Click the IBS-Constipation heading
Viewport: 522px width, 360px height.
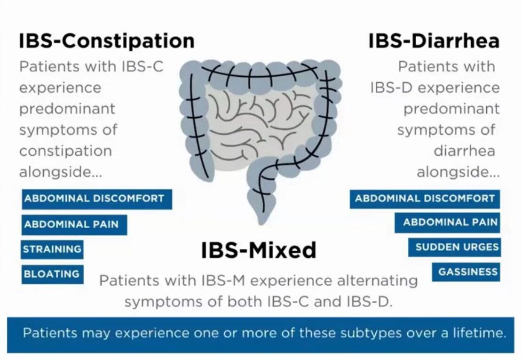coord(106,41)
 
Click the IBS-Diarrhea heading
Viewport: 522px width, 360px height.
coord(433,41)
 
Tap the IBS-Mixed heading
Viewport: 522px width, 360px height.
coord(259,250)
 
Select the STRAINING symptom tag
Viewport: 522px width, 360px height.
coord(52,249)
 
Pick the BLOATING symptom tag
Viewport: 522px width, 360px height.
coord(52,274)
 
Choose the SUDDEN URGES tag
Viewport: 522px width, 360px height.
coord(454,247)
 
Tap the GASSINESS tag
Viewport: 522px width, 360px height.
coord(466,272)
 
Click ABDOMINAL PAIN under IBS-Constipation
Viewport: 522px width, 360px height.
coord(74,224)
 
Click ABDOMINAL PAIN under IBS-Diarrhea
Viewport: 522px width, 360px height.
coord(447,223)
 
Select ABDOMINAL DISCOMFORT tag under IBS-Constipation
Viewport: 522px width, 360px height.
coord(96,199)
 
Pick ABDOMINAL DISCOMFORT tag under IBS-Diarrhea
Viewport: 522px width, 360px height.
coord(424,199)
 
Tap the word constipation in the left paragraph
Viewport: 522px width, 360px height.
coord(65,151)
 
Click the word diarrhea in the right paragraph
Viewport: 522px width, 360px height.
coord(464,151)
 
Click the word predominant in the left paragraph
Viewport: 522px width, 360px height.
coord(67,109)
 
